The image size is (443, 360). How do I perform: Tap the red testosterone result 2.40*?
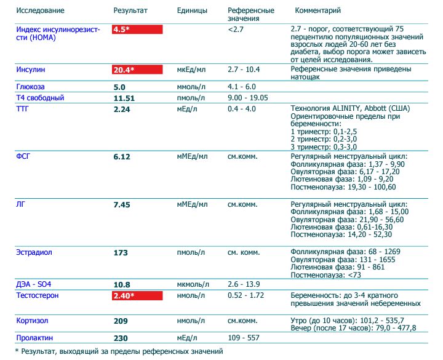click(124, 296)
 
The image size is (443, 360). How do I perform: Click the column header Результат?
click(130, 12)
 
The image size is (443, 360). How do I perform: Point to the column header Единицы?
click(192, 12)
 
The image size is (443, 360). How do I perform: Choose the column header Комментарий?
click(318, 12)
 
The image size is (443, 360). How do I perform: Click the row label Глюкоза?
click(30, 87)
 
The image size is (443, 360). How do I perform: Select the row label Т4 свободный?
click(40, 98)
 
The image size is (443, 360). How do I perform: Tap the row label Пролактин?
click(34, 338)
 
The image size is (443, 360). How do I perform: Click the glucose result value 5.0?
click(119, 87)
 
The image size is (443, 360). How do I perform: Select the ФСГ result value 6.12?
click(122, 157)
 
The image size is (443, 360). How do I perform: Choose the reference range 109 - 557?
click(244, 338)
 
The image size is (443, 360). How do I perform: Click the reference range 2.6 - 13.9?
click(244, 284)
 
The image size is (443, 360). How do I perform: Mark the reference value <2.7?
click(234, 30)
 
